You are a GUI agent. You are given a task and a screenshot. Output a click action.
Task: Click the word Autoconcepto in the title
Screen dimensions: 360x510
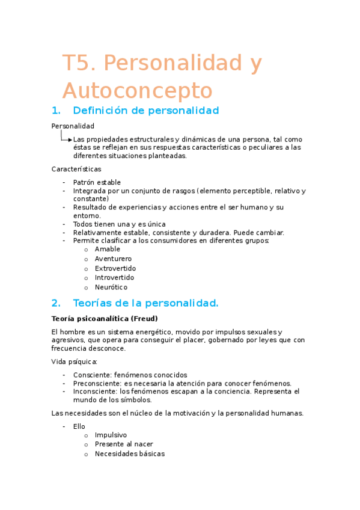pos(137,91)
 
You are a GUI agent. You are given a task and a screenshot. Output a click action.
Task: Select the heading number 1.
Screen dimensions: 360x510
pos(56,111)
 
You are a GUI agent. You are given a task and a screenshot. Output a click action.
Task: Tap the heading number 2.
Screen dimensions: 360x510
pos(56,303)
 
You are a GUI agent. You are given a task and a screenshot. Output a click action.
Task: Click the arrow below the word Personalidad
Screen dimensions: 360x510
pos(66,138)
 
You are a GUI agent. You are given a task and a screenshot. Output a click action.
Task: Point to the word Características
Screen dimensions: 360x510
pos(76,169)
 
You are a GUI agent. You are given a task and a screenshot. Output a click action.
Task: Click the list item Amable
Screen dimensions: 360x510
pos(107,249)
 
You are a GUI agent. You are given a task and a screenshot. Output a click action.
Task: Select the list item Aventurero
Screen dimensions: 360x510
pos(113,259)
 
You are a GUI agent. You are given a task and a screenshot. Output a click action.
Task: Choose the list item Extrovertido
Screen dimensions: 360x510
pos(115,268)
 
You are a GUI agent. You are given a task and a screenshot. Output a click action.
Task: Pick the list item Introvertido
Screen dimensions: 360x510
pos(114,278)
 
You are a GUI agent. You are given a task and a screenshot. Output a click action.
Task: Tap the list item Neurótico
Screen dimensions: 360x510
pos(111,287)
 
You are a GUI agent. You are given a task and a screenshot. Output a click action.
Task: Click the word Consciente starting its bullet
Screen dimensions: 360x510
pos(92,375)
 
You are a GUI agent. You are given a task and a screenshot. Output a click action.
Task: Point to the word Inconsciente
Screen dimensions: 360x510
pos(94,392)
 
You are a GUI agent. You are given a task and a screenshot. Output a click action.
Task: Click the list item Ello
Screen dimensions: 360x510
pos(79,426)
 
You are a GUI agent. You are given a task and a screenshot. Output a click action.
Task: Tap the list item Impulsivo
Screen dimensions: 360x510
pos(111,435)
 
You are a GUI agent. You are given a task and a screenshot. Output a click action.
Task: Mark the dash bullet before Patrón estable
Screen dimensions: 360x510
pos(64,182)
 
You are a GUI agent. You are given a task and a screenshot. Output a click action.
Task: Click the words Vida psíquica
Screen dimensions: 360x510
pos(75,361)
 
